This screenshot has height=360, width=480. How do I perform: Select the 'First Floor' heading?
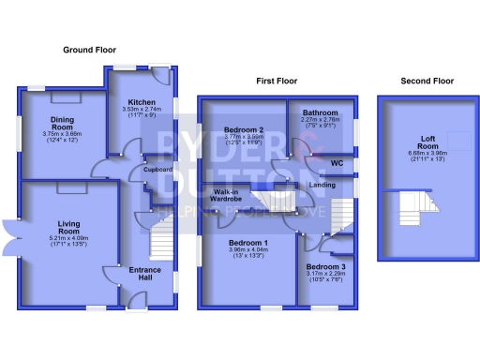pos(277,82)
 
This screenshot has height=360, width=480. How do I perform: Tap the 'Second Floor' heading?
pos(427,82)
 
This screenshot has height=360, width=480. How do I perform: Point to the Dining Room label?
pos(63,121)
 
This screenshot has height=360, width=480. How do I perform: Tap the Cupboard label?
pos(157,170)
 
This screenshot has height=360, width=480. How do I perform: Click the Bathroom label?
pos(321,112)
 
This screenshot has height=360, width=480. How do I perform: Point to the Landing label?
pos(322,185)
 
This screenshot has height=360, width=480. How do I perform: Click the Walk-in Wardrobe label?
pos(221,195)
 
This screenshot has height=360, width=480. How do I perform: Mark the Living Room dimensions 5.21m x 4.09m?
pos(68,238)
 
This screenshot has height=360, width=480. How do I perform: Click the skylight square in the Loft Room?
pos(458,141)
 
